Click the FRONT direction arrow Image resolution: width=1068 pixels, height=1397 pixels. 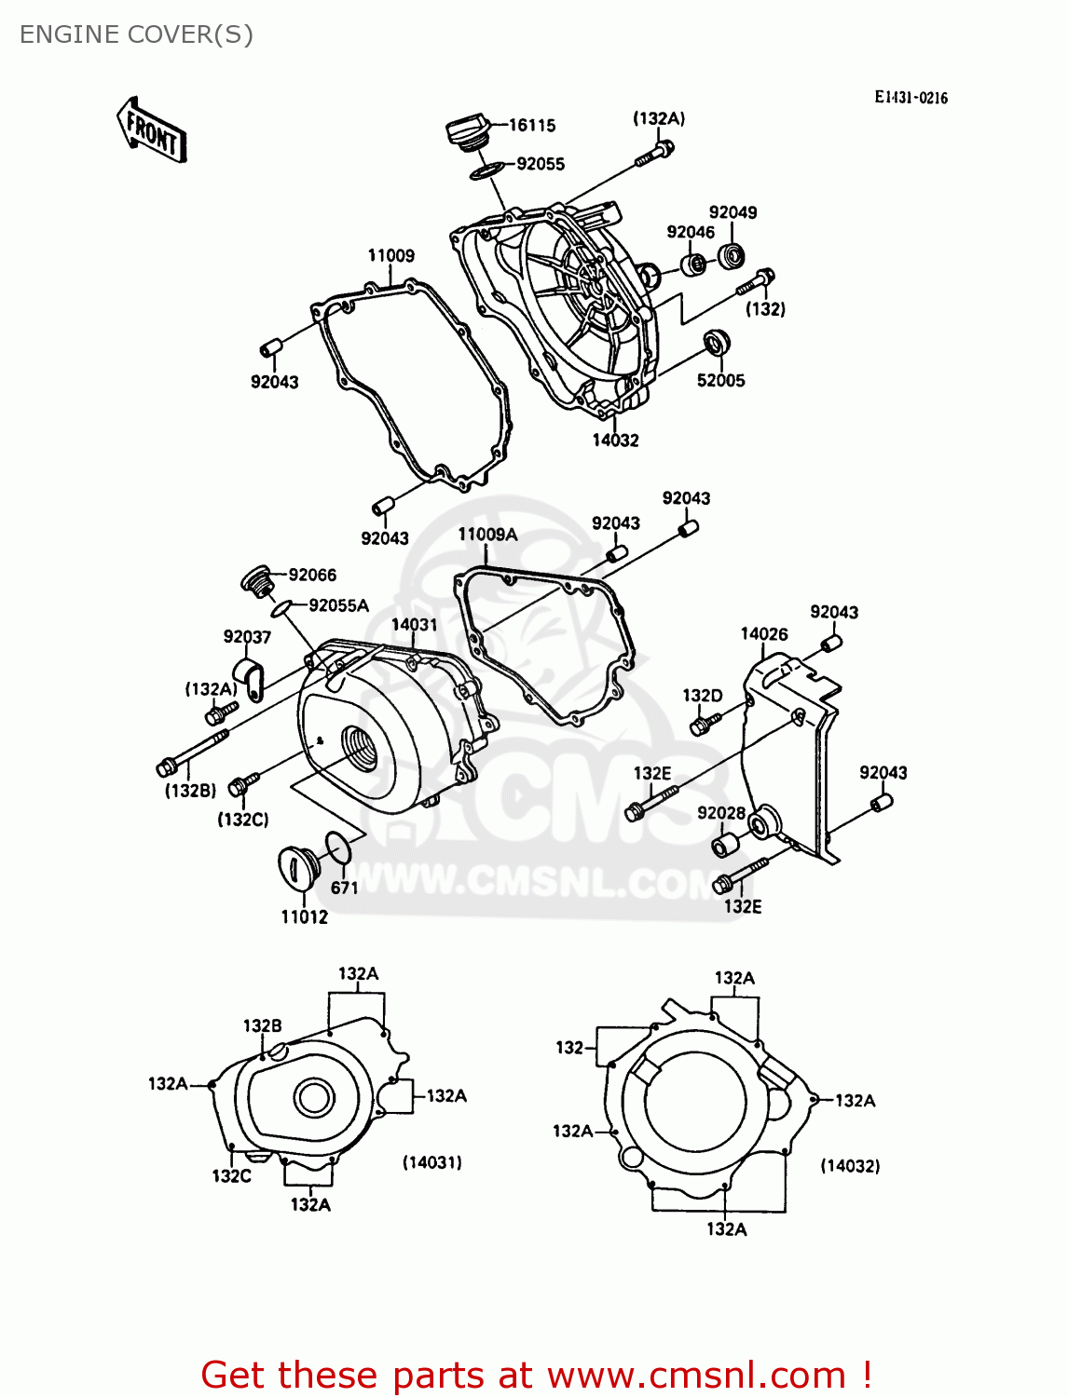click(152, 131)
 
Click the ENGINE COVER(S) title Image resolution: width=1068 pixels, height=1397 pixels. click(136, 34)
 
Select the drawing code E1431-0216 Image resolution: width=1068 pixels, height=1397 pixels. click(911, 98)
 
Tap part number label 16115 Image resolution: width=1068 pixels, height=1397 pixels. click(532, 125)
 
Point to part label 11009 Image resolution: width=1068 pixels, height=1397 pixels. click(390, 255)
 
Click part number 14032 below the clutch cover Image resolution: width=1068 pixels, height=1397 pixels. click(615, 440)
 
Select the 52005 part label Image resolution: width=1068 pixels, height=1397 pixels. click(720, 380)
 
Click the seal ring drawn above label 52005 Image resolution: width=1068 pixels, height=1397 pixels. click(716, 342)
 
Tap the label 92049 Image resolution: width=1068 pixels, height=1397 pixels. click(733, 212)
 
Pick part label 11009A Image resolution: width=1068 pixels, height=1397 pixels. click(487, 535)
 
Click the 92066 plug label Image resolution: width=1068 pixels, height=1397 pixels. click(312, 575)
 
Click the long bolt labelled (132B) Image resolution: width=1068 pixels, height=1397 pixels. click(194, 753)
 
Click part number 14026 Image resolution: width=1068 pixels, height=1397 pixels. click(763, 634)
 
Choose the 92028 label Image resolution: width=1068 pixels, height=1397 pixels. click(721, 813)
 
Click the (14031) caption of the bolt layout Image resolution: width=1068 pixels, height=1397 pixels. click(431, 1162)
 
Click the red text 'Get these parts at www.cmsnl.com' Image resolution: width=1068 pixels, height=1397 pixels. click(536, 1375)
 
